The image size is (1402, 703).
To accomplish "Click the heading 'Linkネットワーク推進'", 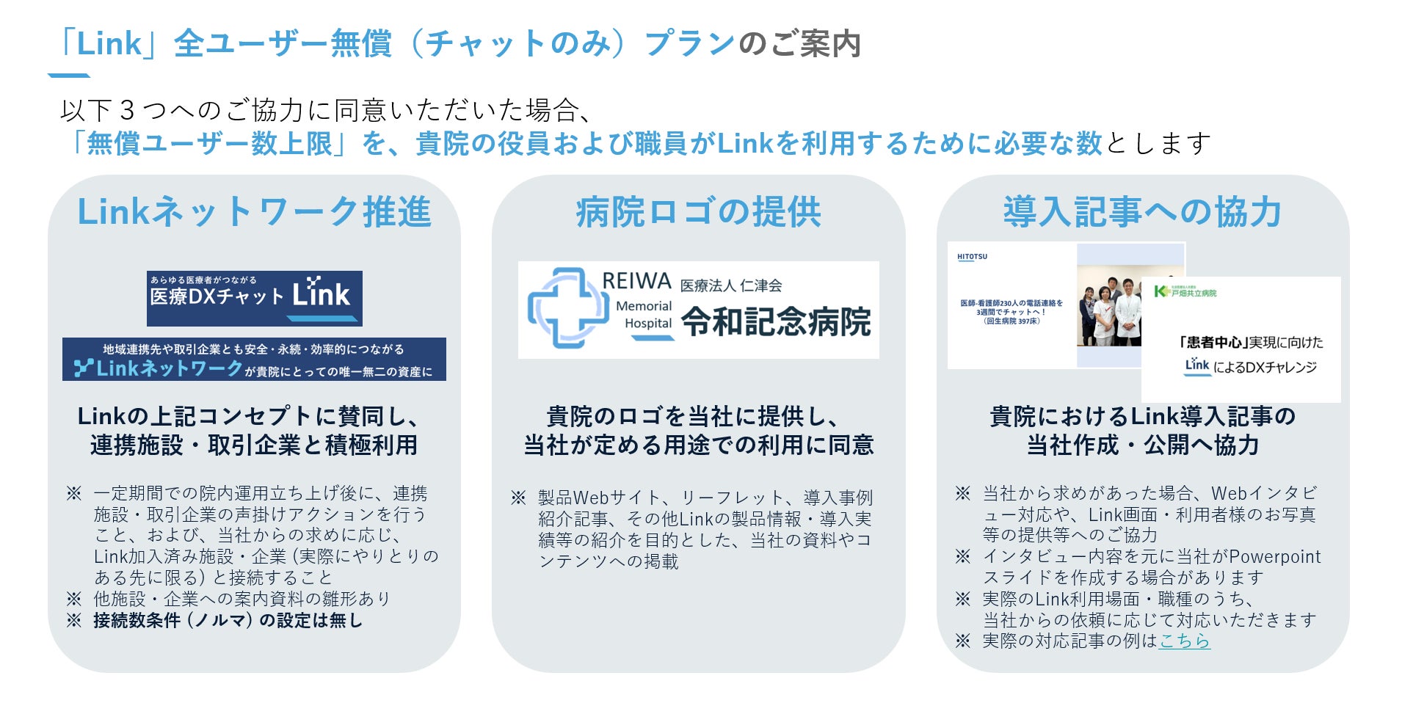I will pos(254,212).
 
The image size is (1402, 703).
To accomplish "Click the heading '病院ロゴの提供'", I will pos(698,212).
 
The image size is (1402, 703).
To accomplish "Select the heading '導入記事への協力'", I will pos(1142,212).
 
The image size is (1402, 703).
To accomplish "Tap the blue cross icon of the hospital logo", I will pos(564,308).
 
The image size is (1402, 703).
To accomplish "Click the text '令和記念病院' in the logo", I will pos(776,321).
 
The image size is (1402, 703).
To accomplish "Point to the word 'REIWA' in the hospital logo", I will pos(636,281).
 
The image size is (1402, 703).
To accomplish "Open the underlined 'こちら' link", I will pos(1184,641).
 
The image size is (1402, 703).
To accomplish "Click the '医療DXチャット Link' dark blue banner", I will pos(254,298).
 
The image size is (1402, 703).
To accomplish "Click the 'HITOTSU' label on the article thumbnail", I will pos(972,257).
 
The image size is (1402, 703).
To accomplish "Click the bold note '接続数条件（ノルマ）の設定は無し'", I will pos(228,620).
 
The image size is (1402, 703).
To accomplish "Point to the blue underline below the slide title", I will pos(68,75).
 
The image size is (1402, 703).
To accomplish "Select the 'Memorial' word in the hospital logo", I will pos(644,306).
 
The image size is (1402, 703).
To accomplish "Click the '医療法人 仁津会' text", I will pos(730,285).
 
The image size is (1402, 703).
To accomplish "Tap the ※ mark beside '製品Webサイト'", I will pos(518,498).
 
